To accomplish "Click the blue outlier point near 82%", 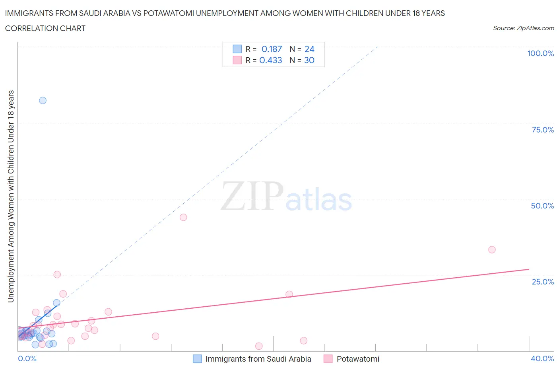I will pyautogui.click(x=43, y=100).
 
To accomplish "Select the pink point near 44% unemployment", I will pyautogui.click(x=183, y=217).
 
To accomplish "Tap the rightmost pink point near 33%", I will pyautogui.click(x=492, y=250).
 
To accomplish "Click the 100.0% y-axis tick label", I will pyautogui.click(x=540, y=54).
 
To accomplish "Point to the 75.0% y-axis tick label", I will pyautogui.click(x=543, y=130).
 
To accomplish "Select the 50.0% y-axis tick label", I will pyautogui.click(x=542, y=206).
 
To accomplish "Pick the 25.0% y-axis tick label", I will pyautogui.click(x=543, y=282).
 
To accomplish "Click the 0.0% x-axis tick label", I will pyautogui.click(x=27, y=359).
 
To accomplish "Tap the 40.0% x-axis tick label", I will pyautogui.click(x=542, y=359).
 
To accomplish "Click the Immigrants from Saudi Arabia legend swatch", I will pyautogui.click(x=197, y=359).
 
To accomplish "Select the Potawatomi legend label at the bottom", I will pyautogui.click(x=358, y=359).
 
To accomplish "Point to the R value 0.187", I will pyautogui.click(x=272, y=49).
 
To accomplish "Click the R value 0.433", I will pyautogui.click(x=271, y=60).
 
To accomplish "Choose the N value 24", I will pyautogui.click(x=309, y=49).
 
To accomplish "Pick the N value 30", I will pyautogui.click(x=309, y=60).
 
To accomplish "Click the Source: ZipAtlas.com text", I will pyautogui.click(x=523, y=28).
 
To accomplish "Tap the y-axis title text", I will pyautogui.click(x=11, y=196).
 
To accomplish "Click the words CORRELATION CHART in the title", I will pyautogui.click(x=45, y=28).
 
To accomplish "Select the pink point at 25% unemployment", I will pyautogui.click(x=57, y=275).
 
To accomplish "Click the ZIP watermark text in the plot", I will pyautogui.click(x=252, y=197).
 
